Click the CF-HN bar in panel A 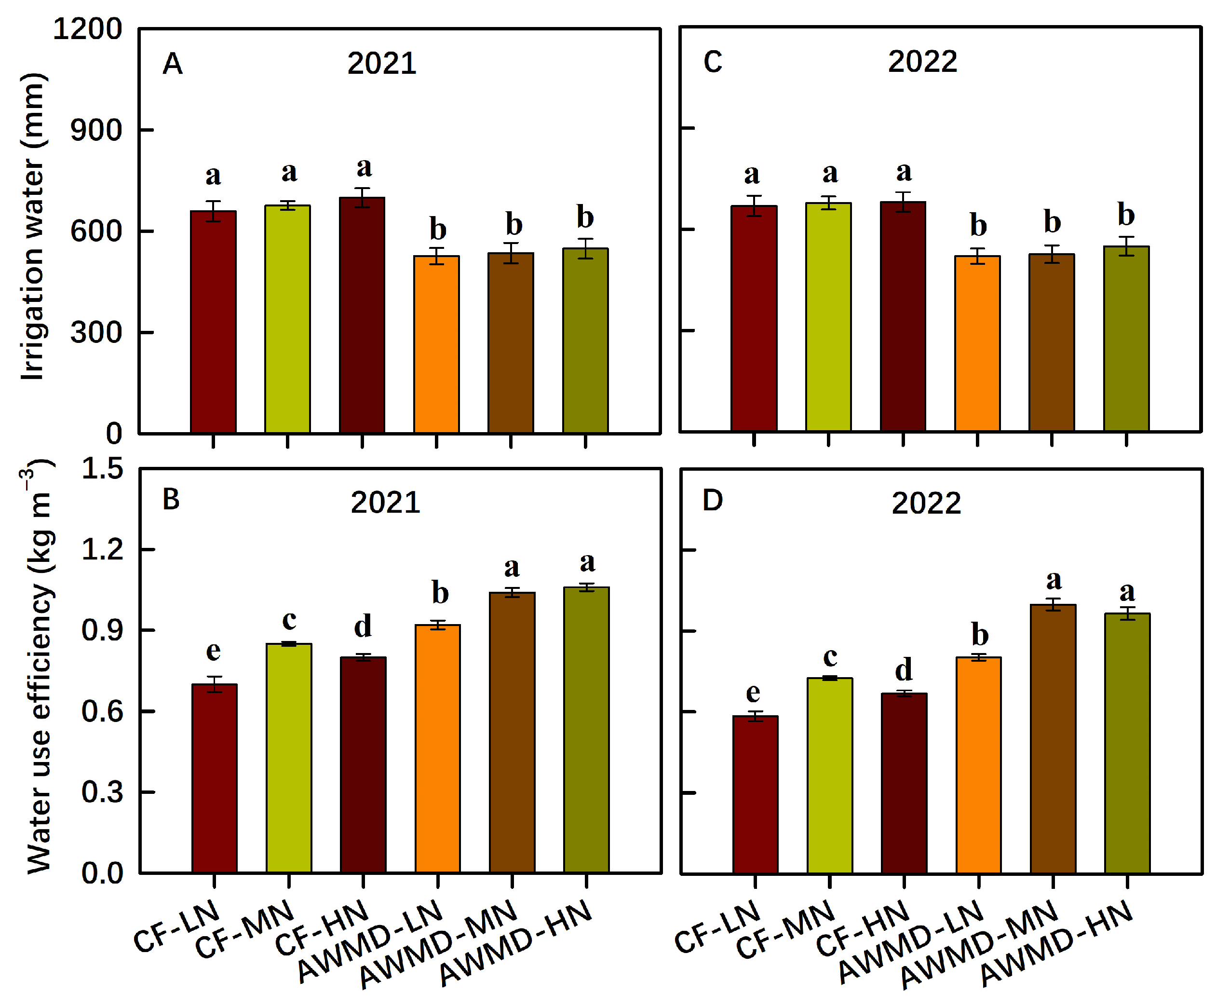coord(362,316)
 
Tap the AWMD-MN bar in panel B coord(512,733)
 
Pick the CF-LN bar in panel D coord(755,794)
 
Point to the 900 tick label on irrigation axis coord(96,130)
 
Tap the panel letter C coord(713,63)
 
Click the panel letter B coord(171,499)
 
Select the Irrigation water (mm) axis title coord(32,227)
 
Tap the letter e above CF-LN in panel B coord(213,651)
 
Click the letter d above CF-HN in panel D coord(903,670)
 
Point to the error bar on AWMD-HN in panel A coord(585,248)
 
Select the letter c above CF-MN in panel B coord(289,620)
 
